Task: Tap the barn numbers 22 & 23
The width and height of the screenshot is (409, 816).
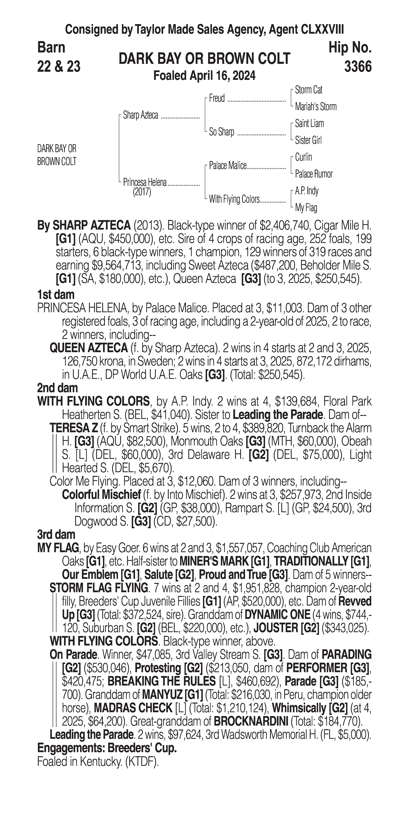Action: click(59, 67)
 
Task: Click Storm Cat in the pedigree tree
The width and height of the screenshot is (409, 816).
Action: click(308, 90)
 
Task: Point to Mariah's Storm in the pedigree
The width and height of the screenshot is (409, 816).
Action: click(315, 107)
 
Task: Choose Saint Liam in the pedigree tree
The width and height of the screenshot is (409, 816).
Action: click(309, 124)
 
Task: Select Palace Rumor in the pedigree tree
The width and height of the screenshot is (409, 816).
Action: click(314, 174)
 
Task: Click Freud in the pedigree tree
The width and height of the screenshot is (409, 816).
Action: click(217, 99)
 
